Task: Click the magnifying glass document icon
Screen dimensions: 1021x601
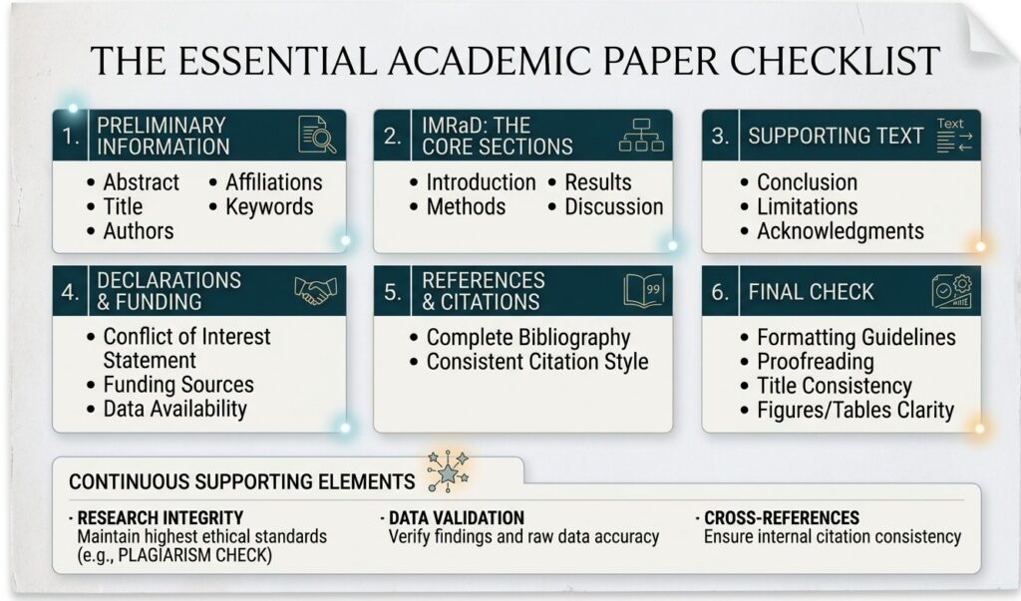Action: pos(317,135)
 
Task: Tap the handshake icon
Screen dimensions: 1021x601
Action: pos(316,290)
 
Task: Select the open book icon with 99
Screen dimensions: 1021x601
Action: pos(643,290)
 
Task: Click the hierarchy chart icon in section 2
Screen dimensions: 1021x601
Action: pos(641,135)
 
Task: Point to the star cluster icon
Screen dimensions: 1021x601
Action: pos(448,470)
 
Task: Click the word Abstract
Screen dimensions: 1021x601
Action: pos(141,182)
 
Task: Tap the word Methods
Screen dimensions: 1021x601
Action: pos(466,207)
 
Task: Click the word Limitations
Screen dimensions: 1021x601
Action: pos(807,207)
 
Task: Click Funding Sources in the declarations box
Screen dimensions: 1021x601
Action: pos(178,385)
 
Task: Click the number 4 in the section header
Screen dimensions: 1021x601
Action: pos(70,292)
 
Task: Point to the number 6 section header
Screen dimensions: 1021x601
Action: pos(720,292)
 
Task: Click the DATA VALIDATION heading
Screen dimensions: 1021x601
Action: pos(456,517)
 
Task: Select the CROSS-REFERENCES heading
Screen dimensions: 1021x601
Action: pos(782,517)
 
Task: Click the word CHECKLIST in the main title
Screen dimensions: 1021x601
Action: pos(835,61)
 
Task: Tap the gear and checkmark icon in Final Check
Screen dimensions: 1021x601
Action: pos(951,291)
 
